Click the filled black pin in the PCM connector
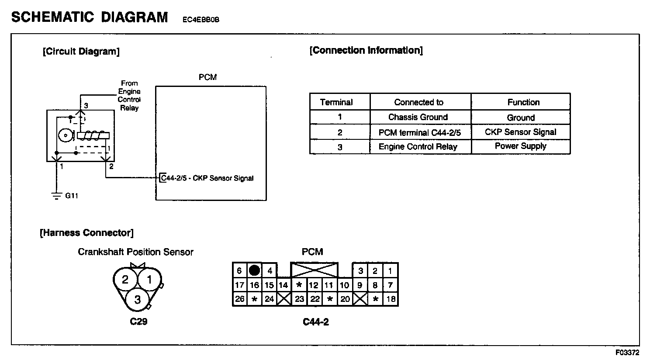(254, 270)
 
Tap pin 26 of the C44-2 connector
(239, 299)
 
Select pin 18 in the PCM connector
(391, 299)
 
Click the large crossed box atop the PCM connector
(314, 270)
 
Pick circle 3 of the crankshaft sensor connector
(138, 299)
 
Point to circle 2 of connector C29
(125, 279)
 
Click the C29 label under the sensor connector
(138, 322)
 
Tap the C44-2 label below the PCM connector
(315, 322)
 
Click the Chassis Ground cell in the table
(418, 117)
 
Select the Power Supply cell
(520, 146)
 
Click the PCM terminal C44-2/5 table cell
(419, 132)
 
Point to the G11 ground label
(72, 196)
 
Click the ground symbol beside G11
(56, 195)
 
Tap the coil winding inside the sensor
(92, 136)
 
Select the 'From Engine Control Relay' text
(129, 96)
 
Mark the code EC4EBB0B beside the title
(201, 19)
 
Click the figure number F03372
(628, 352)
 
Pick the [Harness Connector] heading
(86, 233)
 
